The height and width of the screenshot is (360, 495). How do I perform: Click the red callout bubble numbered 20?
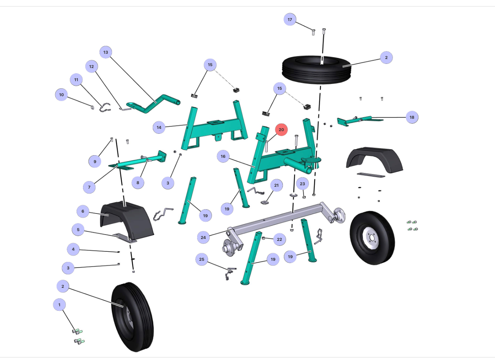281,130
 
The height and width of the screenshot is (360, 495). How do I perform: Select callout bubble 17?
290,20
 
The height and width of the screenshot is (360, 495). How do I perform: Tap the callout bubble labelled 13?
106,52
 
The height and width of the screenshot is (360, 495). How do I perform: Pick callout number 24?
203,237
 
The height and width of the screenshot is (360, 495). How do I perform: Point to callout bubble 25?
202,259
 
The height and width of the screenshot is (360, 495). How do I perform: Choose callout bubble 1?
59,305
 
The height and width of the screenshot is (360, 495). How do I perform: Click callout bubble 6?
83,211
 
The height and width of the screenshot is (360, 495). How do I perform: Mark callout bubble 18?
412,117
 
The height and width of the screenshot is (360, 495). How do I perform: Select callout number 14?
159,127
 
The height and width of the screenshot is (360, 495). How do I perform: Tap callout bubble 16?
223,156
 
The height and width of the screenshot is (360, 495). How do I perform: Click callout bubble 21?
276,185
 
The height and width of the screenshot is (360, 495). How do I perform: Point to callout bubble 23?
302,183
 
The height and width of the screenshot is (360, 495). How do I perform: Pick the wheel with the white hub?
372,237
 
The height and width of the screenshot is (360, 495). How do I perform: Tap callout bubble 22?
279,239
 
